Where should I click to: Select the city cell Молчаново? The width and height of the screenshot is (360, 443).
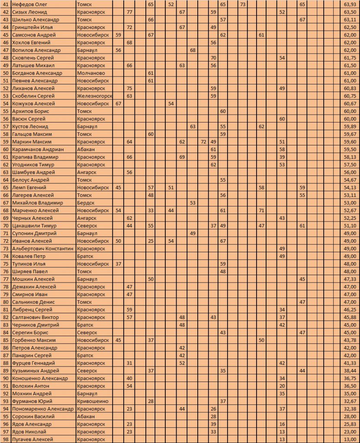coord(90,73)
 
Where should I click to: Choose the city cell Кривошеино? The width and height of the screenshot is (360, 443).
coord(92,401)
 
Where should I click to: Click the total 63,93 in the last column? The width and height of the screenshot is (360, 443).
coord(350,4)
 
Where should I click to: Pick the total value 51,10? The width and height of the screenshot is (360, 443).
coord(350,225)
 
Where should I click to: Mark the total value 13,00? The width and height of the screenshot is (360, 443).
coord(350,439)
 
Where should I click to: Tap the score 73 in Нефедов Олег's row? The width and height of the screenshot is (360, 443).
coord(243,4)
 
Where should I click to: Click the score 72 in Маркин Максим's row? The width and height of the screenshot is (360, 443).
coord(204,141)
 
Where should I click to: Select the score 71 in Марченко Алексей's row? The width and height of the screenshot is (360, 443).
coord(261,210)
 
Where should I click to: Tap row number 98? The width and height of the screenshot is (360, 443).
coord(6,439)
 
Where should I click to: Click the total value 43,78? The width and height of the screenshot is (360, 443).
coord(350,340)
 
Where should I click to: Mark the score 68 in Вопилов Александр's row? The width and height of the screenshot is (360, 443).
coord(193,50)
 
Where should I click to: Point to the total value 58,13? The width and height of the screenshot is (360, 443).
coord(350,157)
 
